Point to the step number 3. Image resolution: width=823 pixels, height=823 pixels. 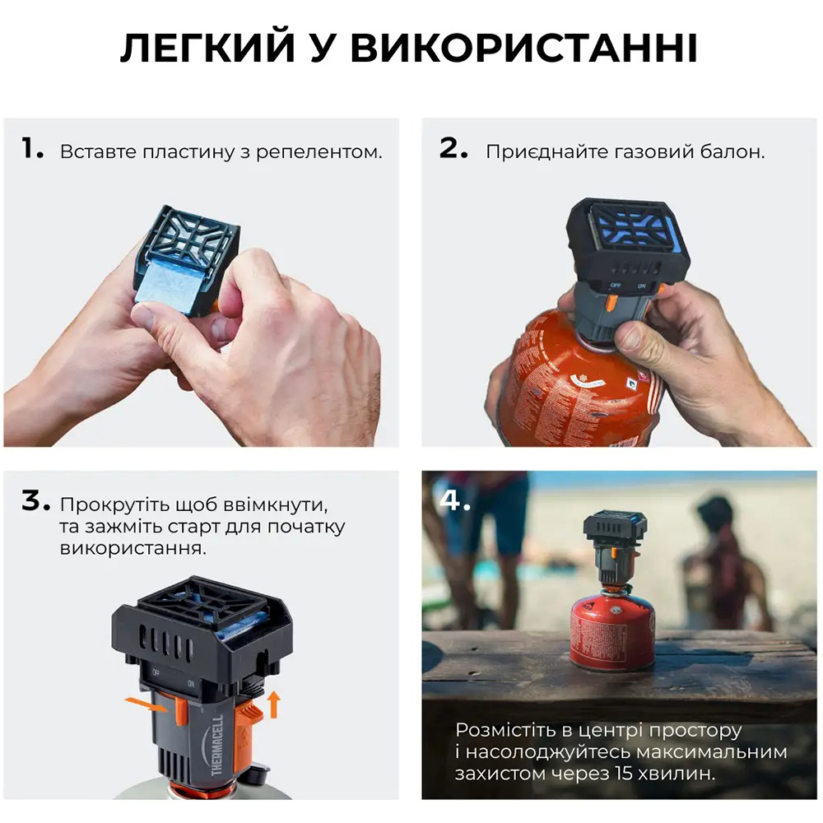[35, 501]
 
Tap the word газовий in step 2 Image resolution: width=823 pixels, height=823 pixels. [653, 152]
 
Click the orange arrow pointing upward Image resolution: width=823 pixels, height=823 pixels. [274, 704]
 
